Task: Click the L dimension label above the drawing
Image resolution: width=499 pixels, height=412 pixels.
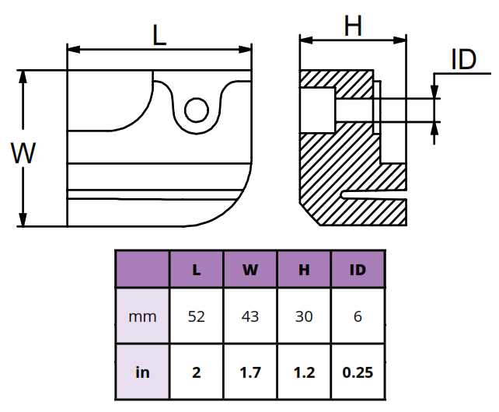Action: pos(159,35)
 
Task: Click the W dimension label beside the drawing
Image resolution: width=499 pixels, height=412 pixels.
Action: pos(23,152)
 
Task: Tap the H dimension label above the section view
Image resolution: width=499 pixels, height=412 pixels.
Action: pos(354,26)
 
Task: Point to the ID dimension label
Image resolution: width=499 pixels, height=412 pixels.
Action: pos(463,59)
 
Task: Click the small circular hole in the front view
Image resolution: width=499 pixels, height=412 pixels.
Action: pos(196,110)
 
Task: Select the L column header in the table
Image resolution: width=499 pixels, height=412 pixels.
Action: pos(197,270)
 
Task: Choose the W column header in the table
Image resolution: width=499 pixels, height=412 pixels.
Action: pos(250,270)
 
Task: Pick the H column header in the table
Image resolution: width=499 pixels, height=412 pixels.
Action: pos(304,270)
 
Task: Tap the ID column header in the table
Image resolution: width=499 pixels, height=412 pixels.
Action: pos(358,270)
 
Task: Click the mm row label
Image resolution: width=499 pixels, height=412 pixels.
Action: pos(142,316)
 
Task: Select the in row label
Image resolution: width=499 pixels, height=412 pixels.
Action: pos(142,372)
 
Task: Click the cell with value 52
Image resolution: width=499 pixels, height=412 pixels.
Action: pos(197,316)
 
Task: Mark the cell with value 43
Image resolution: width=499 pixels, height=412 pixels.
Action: pos(250,316)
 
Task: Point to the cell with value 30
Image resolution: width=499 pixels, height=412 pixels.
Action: pos(304,316)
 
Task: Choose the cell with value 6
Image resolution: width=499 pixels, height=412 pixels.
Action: pos(358,316)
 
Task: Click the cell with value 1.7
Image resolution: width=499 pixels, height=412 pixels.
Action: pos(250,372)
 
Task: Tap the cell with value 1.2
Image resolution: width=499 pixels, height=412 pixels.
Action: pos(304,372)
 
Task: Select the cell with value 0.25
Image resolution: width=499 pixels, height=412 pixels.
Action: pos(358,372)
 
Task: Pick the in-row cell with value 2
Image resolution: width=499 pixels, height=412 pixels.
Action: pos(197,372)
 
